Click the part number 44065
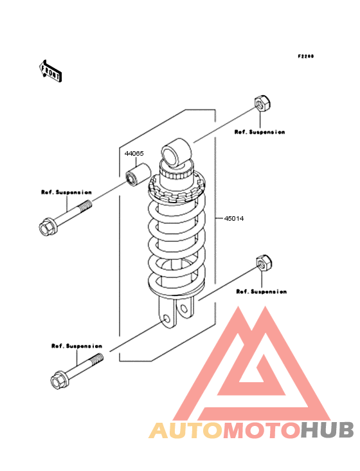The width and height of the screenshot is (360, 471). (134, 154)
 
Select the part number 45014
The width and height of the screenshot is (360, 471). (234, 219)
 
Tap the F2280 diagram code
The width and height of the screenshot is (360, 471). (306, 56)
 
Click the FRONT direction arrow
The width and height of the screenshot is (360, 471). (50, 71)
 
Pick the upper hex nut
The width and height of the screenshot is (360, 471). (262, 104)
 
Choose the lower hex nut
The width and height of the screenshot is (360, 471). (264, 263)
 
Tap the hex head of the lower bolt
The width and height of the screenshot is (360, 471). (59, 380)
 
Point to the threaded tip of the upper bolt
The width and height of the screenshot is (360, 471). (85, 207)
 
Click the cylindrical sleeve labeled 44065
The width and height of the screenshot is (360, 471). (138, 175)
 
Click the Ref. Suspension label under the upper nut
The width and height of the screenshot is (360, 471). (260, 132)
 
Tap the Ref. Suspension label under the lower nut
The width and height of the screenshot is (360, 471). (261, 291)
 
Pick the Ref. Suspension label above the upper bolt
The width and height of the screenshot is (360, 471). (66, 192)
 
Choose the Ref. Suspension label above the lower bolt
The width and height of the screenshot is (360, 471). (76, 346)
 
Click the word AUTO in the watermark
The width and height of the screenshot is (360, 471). (186, 430)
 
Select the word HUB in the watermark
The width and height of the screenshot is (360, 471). (327, 430)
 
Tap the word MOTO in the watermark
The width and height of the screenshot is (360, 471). (263, 430)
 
